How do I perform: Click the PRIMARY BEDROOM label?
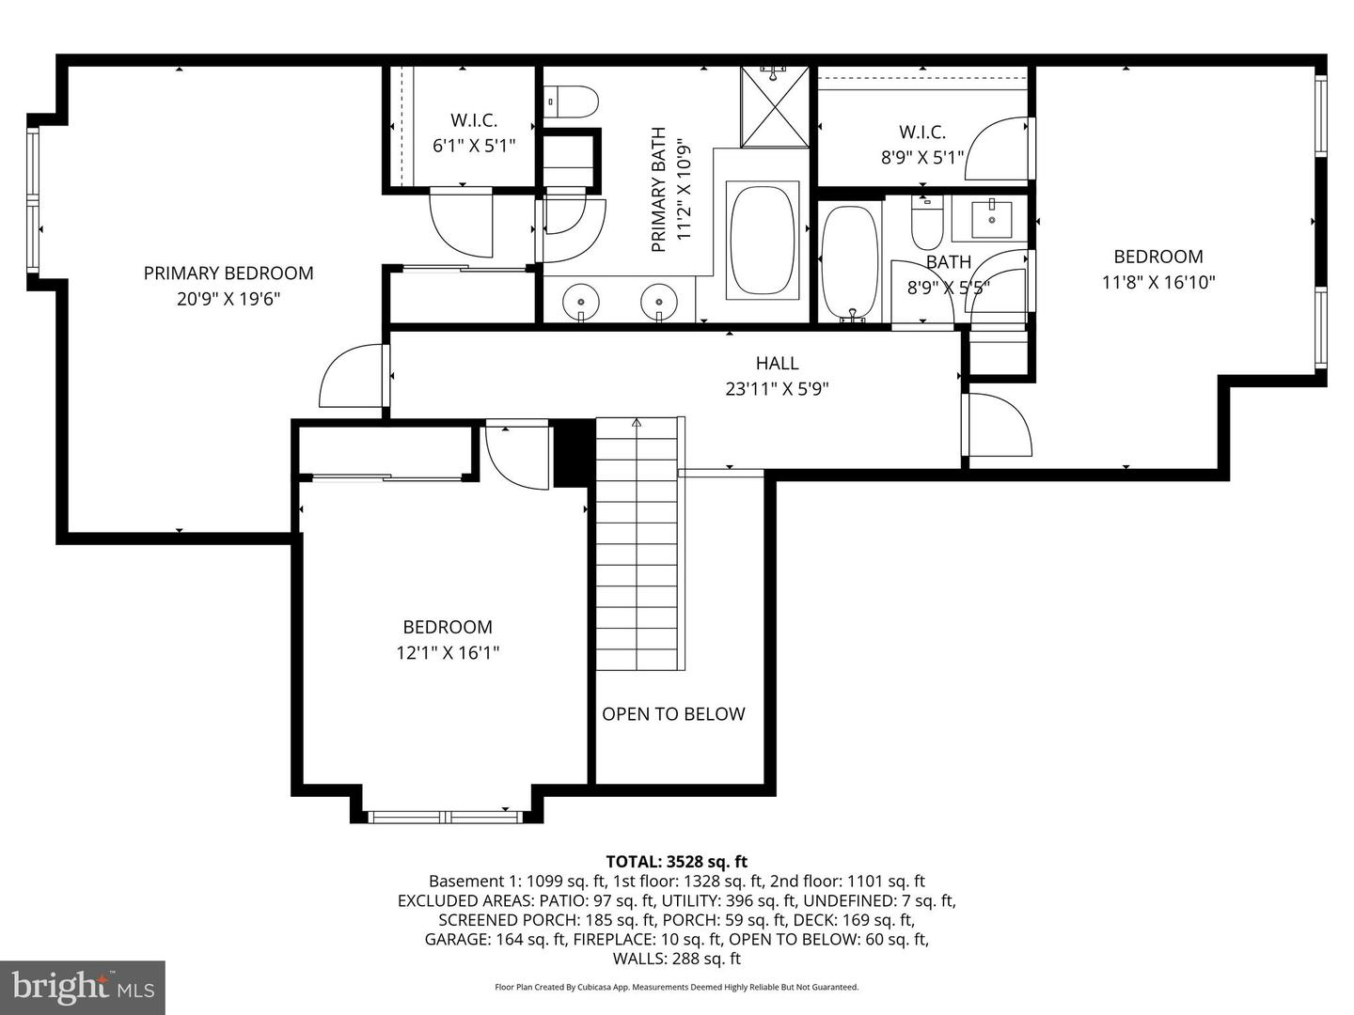[228, 273]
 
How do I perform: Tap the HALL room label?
[777, 364]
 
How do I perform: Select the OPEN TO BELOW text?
[673, 714]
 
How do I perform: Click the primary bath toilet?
[573, 101]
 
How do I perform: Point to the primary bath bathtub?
[764, 241]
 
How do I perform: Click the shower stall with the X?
[774, 106]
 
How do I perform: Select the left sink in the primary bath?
[580, 303]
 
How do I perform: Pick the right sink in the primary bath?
[659, 303]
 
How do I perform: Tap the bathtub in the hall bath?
[850, 263]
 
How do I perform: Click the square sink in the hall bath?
[990, 219]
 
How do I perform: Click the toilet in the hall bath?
[927, 224]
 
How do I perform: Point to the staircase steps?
[637, 545]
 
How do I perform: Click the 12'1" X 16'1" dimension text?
[448, 652]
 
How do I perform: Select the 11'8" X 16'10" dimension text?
[1158, 282]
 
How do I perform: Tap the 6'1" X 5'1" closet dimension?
[474, 146]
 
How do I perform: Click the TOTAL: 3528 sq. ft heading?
[676, 861]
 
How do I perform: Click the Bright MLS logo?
[83, 987]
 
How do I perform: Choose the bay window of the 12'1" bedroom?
[446, 816]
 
